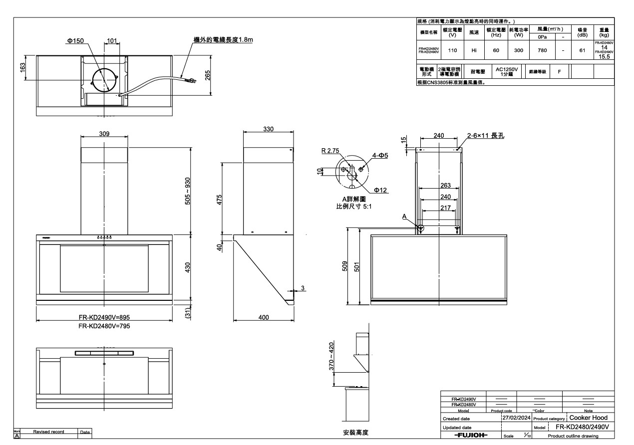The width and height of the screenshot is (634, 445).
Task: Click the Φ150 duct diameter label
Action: pyautogui.click(x=75, y=40)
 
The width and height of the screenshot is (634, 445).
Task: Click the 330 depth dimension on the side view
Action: pyautogui.click(x=269, y=129)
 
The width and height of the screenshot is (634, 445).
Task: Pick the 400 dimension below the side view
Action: pyautogui.click(x=264, y=317)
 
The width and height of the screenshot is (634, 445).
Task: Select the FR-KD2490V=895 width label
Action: pyautogui.click(x=104, y=317)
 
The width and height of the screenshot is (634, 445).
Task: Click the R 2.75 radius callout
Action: pyautogui.click(x=330, y=150)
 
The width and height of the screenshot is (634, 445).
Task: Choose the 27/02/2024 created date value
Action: pyautogui.click(x=517, y=418)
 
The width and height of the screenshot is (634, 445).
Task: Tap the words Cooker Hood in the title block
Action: pyautogui.click(x=588, y=418)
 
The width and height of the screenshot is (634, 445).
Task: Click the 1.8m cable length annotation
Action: pyautogui.click(x=223, y=40)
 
